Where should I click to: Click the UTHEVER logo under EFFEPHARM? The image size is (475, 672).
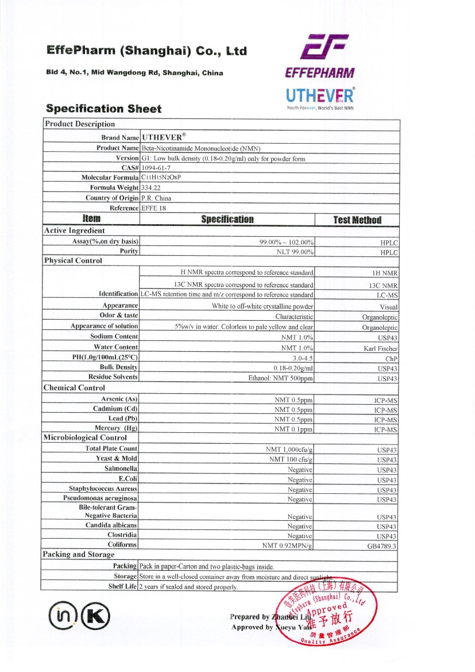click(x=320, y=96)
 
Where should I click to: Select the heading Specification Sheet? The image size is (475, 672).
click(x=103, y=109)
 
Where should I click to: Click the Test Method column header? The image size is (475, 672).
click(x=357, y=220)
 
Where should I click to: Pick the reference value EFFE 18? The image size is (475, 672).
click(x=154, y=208)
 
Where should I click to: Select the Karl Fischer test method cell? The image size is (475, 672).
click(x=380, y=348)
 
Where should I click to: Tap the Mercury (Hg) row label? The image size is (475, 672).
click(x=115, y=428)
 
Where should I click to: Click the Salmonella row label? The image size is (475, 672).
click(x=121, y=469)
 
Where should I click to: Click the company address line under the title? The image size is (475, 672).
click(x=134, y=73)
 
